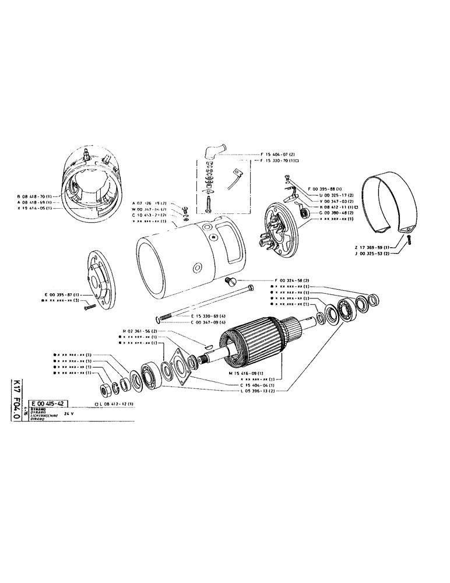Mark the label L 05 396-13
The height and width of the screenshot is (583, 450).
click(x=257, y=391)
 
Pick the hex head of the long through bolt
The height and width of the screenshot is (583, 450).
click(x=249, y=289)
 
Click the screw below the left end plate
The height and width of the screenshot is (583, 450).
click(x=90, y=307)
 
